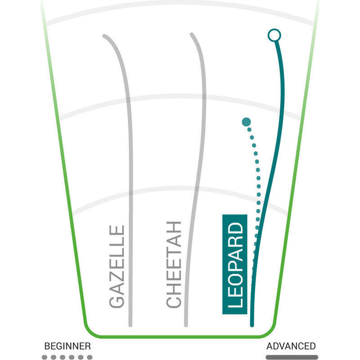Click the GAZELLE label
tap(117, 267)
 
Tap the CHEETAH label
tap(174, 265)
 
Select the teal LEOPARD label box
tap(235, 264)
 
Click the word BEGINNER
tap(67, 346)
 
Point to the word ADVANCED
tap(291, 346)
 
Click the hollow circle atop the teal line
tap(273, 35)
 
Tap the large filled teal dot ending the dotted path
tap(246, 121)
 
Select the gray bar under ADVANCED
tap(292, 357)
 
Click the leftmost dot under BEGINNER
tap(45, 357)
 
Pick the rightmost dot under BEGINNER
tap(90, 357)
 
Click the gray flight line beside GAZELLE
tap(130, 180)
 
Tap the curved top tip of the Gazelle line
tap(105, 36)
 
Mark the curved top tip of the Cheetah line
tap(192, 35)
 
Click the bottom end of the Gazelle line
tap(130, 324)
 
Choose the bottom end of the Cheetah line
tap(186, 324)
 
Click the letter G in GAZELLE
tap(117, 301)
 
